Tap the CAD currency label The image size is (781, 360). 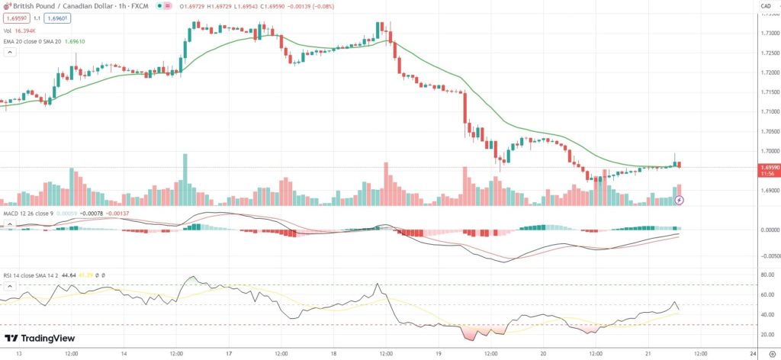pyautogui.click(x=765, y=7)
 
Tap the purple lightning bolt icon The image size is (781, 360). pyautogui.click(x=680, y=200)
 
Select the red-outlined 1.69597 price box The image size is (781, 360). pyautogui.click(x=14, y=18)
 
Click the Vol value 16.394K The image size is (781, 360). pyautogui.click(x=26, y=31)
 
